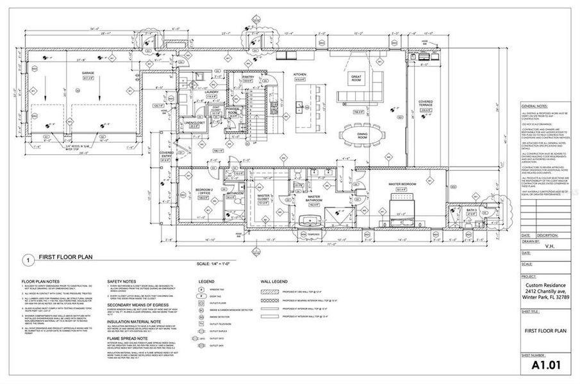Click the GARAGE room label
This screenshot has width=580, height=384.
tap(88, 74)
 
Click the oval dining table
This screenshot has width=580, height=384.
tap(362, 136)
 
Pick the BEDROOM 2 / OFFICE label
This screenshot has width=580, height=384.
tap(204, 191)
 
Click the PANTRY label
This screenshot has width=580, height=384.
tap(249, 77)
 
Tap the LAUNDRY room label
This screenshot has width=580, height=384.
tap(204, 92)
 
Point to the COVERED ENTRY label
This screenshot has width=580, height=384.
tap(167, 155)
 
